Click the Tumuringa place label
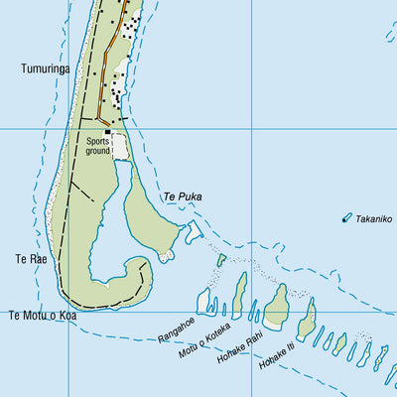tap(43, 69)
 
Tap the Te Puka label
tap(183, 197)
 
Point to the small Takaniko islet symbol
tap(346, 217)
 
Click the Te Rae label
tap(29, 259)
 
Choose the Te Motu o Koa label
tap(42, 316)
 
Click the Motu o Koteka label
tap(204, 338)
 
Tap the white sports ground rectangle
tap(120, 147)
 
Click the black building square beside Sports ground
tap(108, 132)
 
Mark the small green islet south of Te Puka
tap(221, 260)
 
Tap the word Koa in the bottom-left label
tap(66, 316)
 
